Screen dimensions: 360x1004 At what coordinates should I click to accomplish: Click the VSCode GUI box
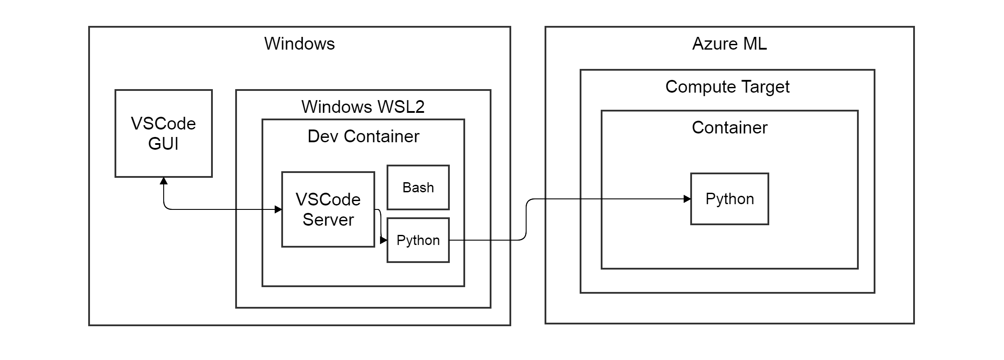click(163, 133)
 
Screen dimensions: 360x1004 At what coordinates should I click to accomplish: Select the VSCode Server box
click(328, 209)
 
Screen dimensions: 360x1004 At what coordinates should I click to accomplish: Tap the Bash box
click(418, 187)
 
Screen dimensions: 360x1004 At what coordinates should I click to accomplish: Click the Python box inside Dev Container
click(418, 240)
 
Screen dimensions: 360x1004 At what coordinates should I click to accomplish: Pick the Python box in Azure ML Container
click(729, 199)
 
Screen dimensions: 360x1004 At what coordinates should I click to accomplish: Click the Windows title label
click(299, 44)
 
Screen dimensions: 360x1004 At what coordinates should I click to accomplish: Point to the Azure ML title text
click(729, 44)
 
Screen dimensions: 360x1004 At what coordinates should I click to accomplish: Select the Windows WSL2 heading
click(363, 107)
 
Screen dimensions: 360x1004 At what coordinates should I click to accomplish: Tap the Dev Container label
click(363, 137)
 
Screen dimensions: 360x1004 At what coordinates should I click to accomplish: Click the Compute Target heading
click(727, 87)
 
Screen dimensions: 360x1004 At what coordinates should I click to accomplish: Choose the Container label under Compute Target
click(729, 128)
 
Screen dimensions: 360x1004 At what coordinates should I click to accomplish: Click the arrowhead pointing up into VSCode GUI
click(164, 181)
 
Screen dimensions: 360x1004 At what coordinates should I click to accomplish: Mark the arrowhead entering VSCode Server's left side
click(278, 209)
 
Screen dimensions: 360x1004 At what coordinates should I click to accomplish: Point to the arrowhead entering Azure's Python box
click(687, 199)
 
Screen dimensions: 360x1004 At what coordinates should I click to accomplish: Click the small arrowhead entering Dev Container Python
click(384, 240)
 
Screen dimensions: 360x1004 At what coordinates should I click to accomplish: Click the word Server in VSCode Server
click(328, 220)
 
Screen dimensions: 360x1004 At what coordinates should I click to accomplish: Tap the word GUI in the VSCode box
click(163, 144)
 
